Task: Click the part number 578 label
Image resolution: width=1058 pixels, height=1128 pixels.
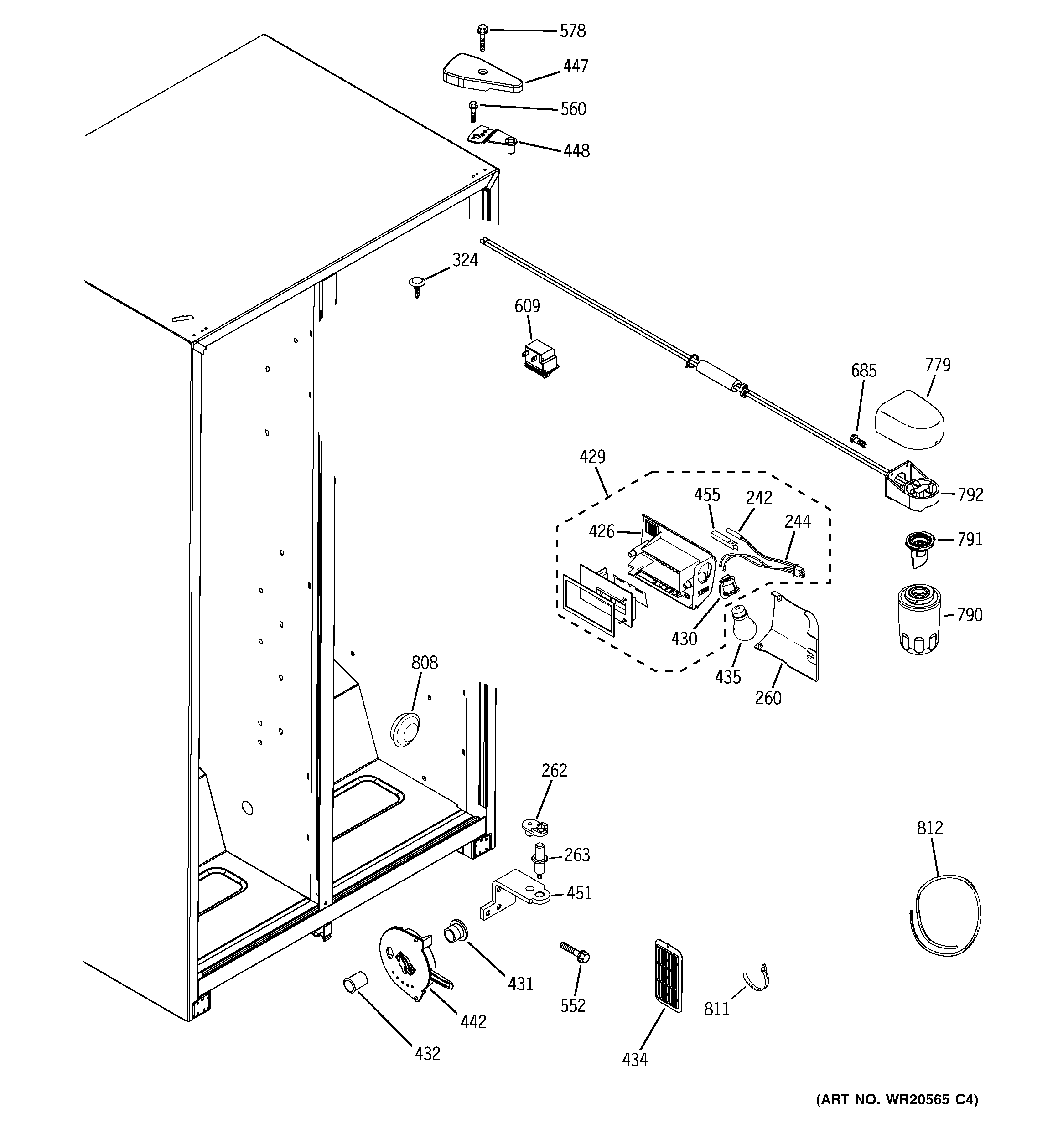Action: [572, 31]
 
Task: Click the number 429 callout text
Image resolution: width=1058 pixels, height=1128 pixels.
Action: [592, 457]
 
